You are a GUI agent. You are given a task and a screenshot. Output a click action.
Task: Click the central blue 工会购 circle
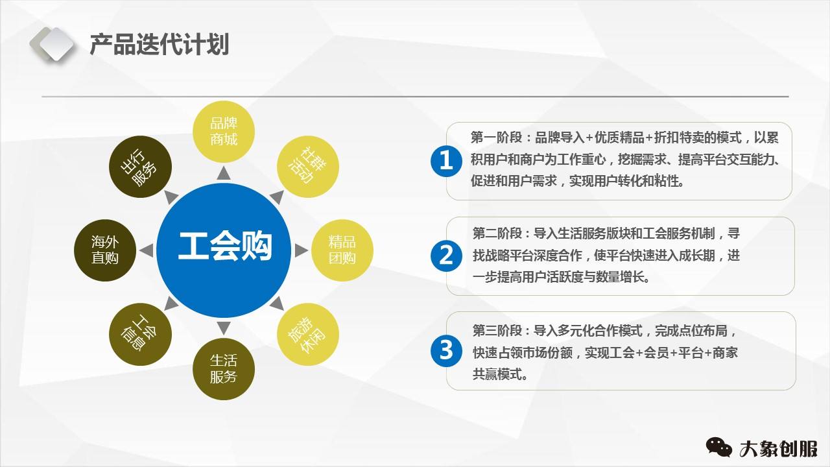224,246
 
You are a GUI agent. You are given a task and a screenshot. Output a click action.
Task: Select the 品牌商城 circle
224,131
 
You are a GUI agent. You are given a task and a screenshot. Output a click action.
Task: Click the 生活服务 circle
224,368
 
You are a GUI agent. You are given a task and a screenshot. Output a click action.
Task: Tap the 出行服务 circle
139,166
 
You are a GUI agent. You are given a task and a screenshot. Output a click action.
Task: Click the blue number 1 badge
446,160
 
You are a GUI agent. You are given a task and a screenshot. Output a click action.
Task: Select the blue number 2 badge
446,255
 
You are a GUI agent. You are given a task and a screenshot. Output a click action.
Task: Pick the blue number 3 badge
446,350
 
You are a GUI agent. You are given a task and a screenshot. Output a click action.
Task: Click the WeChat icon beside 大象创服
718,447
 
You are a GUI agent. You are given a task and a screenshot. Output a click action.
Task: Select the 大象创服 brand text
778,448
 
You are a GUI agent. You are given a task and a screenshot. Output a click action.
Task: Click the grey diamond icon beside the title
52,44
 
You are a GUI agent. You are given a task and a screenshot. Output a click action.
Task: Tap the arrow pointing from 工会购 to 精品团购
301,250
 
